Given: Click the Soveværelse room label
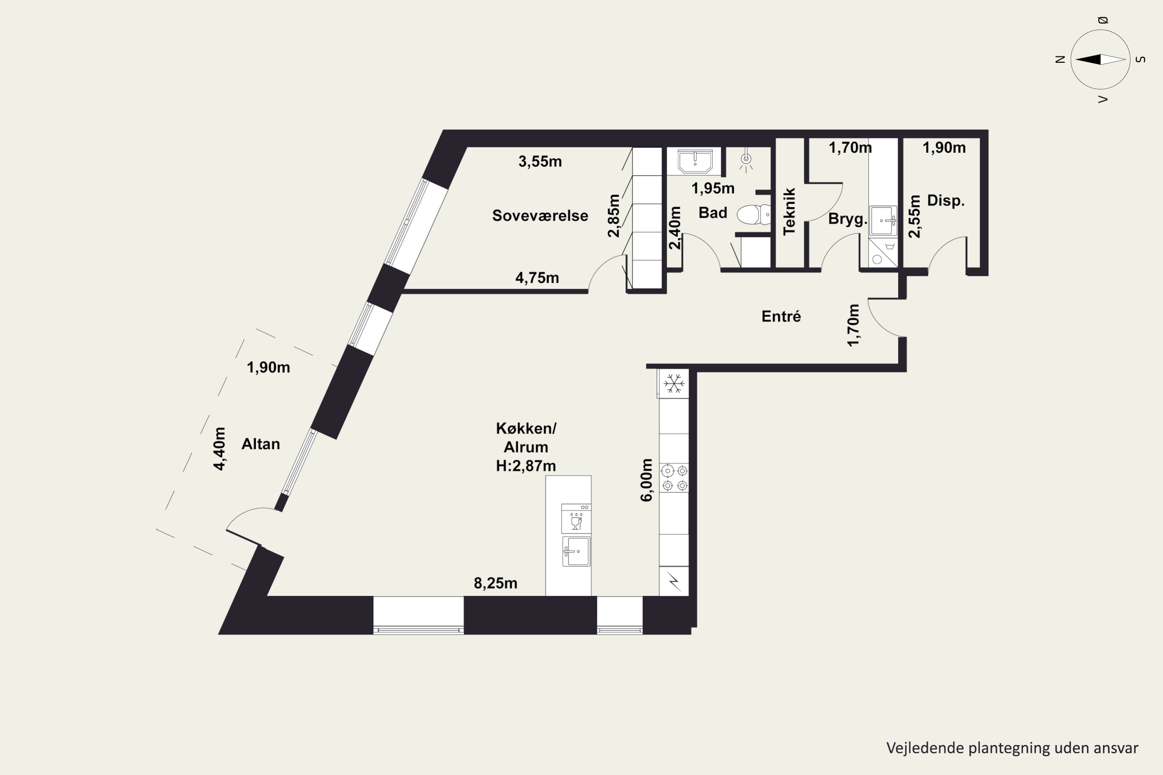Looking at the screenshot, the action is [x=540, y=215].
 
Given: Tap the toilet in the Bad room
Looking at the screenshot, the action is [x=754, y=215].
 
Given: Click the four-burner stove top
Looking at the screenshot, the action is [x=675, y=478].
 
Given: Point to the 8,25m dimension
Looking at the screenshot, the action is [x=495, y=583].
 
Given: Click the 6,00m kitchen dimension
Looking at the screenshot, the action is [x=646, y=480].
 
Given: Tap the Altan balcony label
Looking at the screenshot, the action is [x=261, y=444].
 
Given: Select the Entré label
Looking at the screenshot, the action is [x=781, y=316].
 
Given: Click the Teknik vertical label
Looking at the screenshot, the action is [x=789, y=211].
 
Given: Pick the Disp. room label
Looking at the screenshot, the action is [x=946, y=201].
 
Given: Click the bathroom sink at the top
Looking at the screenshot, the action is [x=695, y=161].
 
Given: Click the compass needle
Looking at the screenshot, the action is [x=1100, y=59].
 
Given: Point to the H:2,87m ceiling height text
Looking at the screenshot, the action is [x=526, y=466].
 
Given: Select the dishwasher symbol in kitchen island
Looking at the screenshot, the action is [x=576, y=518].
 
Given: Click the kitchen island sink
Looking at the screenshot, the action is [x=576, y=551].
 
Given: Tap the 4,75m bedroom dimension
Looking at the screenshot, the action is [x=537, y=278].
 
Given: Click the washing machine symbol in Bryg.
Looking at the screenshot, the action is [x=883, y=253].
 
